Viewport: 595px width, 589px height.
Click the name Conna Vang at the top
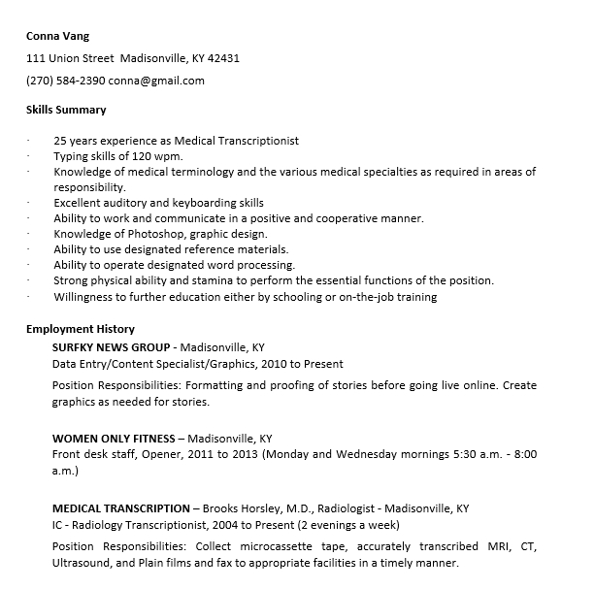point(57,36)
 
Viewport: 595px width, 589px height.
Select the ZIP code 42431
point(223,58)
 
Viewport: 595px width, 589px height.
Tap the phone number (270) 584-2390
point(65,81)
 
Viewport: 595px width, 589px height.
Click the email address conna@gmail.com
point(156,81)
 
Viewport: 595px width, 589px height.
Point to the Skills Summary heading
point(66,110)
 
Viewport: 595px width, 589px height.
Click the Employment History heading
point(81,329)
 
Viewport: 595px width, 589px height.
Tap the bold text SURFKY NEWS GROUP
point(112,345)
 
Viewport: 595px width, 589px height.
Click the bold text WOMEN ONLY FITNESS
point(114,438)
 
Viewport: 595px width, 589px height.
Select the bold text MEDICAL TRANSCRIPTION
point(121,507)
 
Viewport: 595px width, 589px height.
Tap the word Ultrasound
point(83,562)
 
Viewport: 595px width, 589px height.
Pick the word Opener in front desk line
point(154,454)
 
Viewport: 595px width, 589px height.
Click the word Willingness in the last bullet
point(85,297)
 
